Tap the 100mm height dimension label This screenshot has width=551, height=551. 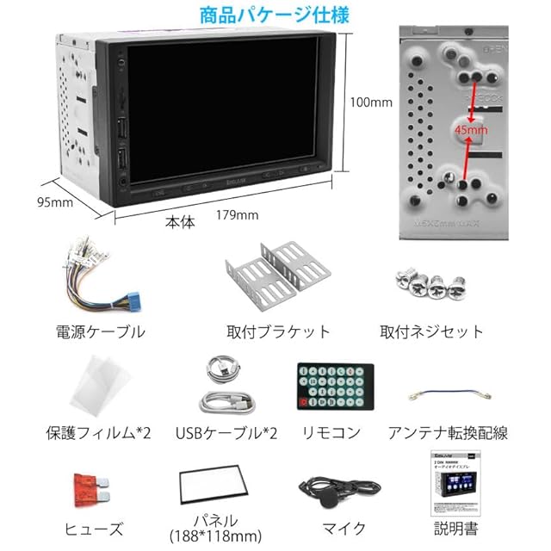tap(371, 102)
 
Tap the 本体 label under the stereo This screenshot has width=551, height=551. tap(181, 221)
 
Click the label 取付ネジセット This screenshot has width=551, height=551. tap(431, 331)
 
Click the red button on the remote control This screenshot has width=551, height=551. tap(301, 402)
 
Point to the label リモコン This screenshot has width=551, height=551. tap(331, 432)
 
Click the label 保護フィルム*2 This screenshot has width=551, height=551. tap(98, 432)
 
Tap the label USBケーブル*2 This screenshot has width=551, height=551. tap(226, 432)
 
